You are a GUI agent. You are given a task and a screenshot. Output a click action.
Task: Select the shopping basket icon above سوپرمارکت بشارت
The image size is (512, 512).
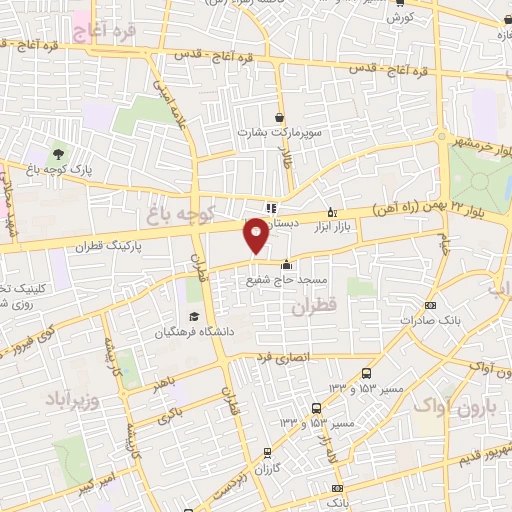pos(277,116)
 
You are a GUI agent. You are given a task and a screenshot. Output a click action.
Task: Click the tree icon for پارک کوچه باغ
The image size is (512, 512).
pos(59,154)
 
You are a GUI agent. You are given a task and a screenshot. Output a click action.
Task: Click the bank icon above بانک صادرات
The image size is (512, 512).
pos(431,306)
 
